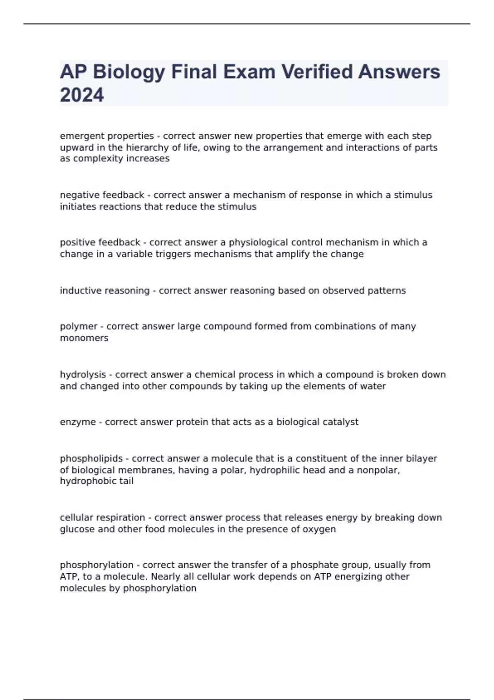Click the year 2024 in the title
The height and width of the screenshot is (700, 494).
pyautogui.click(x=82, y=95)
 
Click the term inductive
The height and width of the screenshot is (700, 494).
pyautogui.click(x=80, y=290)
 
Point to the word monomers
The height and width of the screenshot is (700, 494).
pyautogui.click(x=84, y=338)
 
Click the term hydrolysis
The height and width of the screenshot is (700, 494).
pyautogui.click(x=83, y=374)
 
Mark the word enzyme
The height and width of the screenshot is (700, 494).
pyautogui.click(x=77, y=422)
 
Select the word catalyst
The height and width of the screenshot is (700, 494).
pyautogui.click(x=340, y=422)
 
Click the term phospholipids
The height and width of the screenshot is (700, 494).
pyautogui.click(x=91, y=458)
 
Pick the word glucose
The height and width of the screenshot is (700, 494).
pyautogui.click(x=77, y=529)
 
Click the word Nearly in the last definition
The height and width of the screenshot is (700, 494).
pyautogui.click(x=165, y=576)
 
